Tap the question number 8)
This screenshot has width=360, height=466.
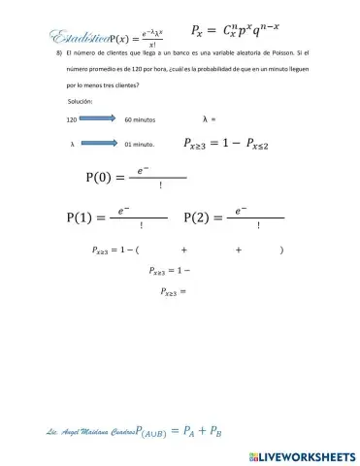click(59, 54)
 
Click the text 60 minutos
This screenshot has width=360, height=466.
click(142, 119)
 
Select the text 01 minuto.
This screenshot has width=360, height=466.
click(140, 144)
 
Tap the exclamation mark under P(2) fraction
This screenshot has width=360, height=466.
click(257, 225)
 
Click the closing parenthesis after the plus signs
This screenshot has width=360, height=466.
click(280, 250)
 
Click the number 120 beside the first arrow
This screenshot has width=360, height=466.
click(72, 119)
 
